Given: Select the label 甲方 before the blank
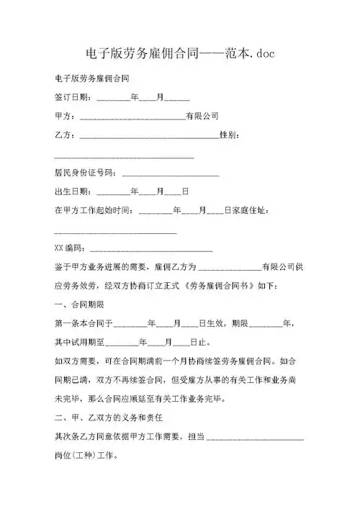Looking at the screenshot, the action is point(63,115).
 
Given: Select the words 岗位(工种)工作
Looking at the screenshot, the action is point(90,456).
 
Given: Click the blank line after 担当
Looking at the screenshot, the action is point(255,438).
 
